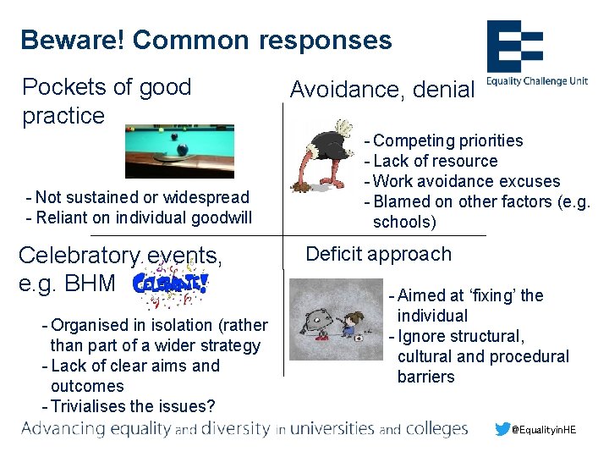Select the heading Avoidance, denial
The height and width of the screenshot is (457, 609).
click(x=382, y=90)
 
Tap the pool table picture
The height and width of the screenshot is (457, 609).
click(x=179, y=152)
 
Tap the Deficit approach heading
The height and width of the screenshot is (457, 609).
click(x=378, y=254)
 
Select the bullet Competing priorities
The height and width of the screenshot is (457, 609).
click(x=447, y=140)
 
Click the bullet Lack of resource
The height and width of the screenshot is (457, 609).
click(x=435, y=161)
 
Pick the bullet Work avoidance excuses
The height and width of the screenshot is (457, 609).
click(x=466, y=181)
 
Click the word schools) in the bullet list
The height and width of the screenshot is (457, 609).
click(x=404, y=222)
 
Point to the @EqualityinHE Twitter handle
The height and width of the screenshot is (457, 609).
click(x=545, y=430)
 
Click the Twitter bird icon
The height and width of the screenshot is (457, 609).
click(x=504, y=429)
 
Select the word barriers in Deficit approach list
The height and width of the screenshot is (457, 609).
click(x=426, y=377)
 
